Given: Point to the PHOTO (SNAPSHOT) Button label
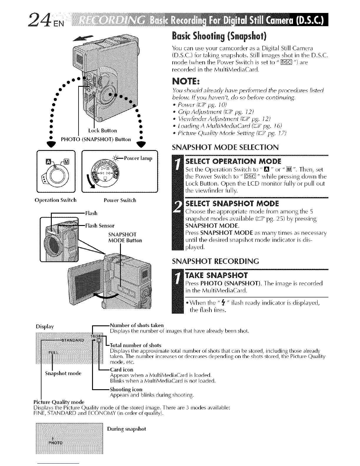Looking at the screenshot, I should tap(96, 139).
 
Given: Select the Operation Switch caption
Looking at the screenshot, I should tap(55, 200).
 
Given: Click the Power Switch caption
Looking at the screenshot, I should tap(120, 200).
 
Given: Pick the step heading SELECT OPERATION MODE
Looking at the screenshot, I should tap(234, 161).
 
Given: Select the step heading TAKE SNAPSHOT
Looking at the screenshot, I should tap(217, 275).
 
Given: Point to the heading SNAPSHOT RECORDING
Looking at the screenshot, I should tap(215, 261).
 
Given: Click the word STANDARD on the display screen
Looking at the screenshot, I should tap(73, 340).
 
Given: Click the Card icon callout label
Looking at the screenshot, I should tap(121, 369).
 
